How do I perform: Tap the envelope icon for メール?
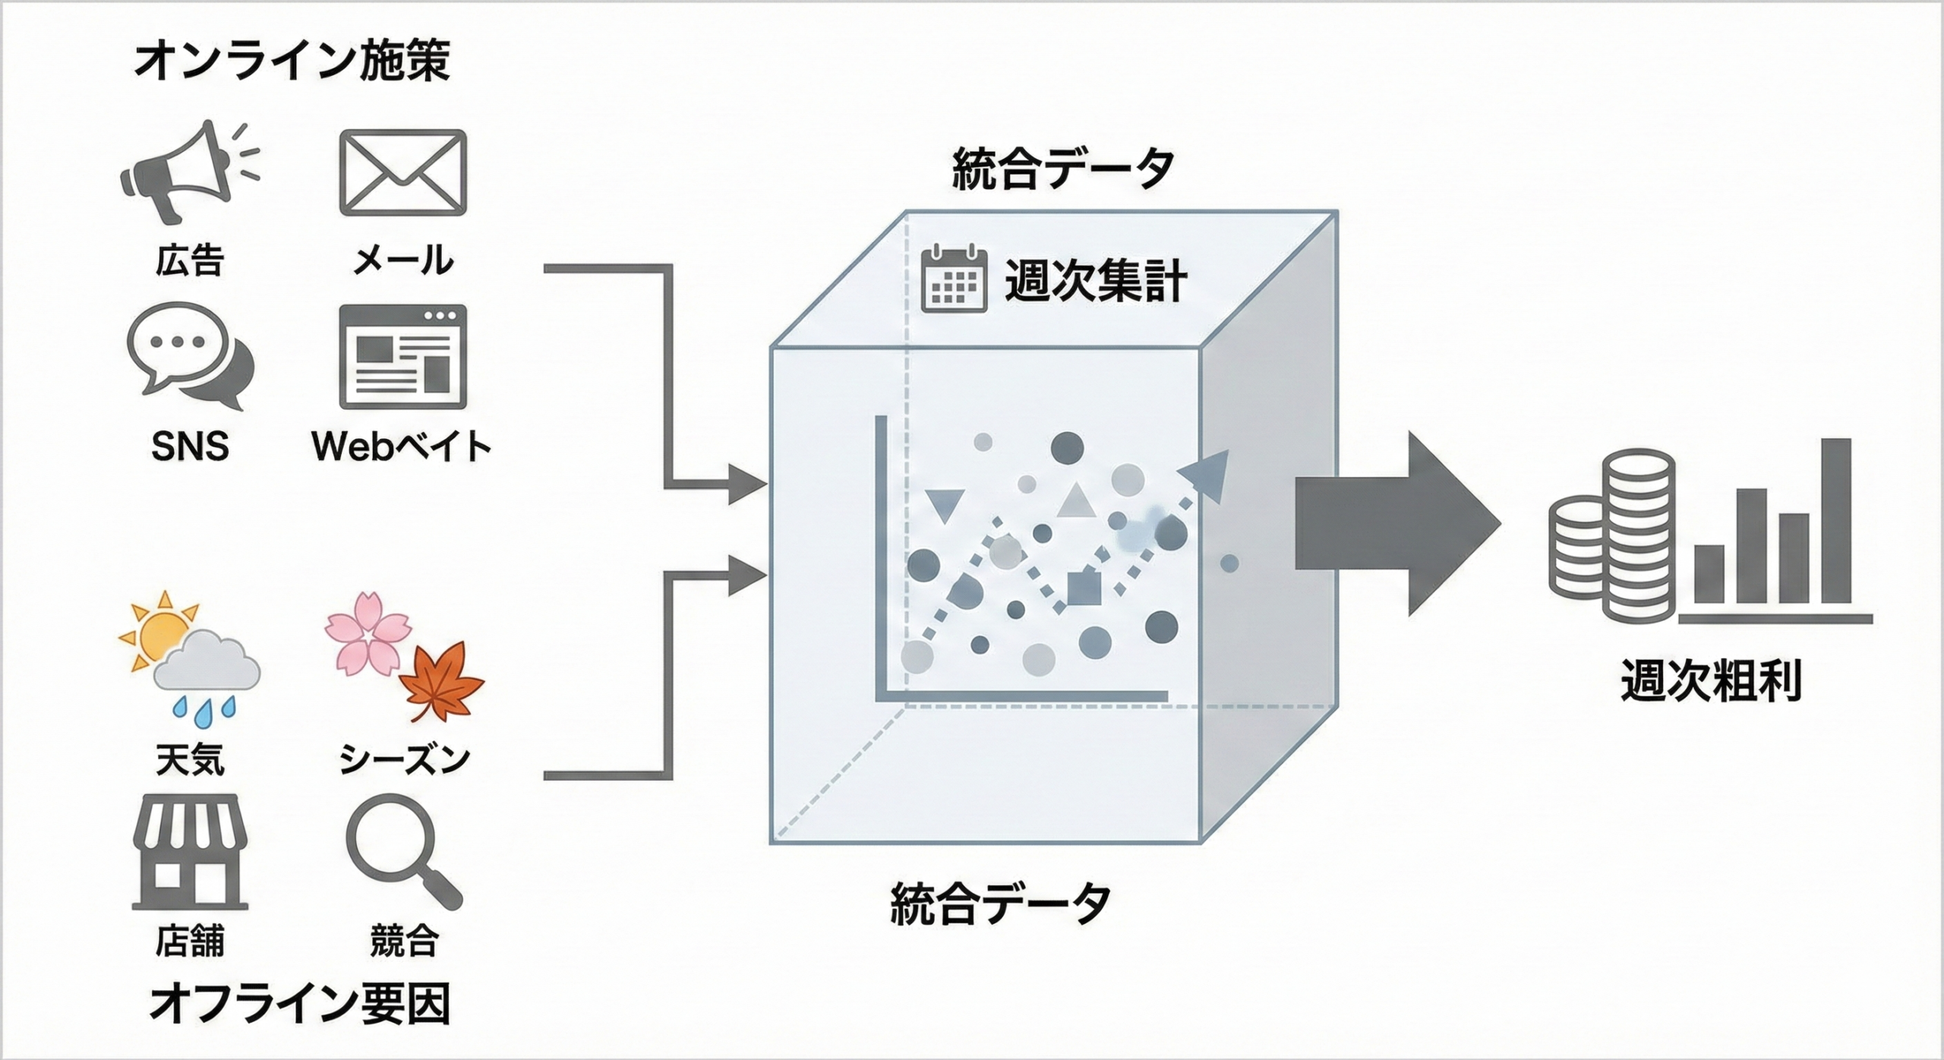point(402,172)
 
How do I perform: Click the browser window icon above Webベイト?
point(402,357)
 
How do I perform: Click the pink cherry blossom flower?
point(368,633)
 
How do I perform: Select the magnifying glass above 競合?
point(402,850)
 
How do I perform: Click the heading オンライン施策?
point(292,61)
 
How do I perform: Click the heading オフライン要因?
point(299,1003)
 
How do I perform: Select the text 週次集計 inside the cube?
point(1096,281)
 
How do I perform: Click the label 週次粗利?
point(1710,680)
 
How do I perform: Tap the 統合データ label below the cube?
point(1000,903)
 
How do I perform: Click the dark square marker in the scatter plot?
point(1084,588)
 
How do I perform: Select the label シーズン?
point(405,758)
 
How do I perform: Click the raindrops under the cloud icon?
point(204,708)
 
